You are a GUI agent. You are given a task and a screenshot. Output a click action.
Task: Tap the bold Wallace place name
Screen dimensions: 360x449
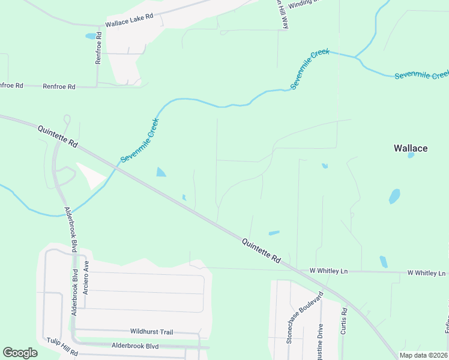[411, 148]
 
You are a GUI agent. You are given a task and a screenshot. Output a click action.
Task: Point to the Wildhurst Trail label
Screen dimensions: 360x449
[151, 331]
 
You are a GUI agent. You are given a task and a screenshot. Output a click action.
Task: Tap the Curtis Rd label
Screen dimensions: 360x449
[345, 321]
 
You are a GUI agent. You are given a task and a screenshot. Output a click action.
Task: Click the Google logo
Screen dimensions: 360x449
[20, 353]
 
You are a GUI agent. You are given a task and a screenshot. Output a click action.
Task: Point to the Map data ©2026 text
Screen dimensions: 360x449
[424, 355]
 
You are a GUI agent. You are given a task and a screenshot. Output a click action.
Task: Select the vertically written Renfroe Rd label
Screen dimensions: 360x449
[99, 49]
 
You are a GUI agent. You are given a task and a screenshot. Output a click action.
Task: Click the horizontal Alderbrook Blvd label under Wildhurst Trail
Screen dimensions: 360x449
[135, 346]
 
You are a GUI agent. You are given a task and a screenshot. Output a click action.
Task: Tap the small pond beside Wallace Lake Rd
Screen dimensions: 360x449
[91, 36]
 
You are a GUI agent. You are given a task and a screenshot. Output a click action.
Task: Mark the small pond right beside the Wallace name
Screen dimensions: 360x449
[411, 155]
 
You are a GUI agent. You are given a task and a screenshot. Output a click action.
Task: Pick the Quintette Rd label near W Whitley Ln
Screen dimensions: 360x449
[262, 250]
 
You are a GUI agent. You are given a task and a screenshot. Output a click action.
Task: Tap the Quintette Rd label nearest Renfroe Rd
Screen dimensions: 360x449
[58, 137]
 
